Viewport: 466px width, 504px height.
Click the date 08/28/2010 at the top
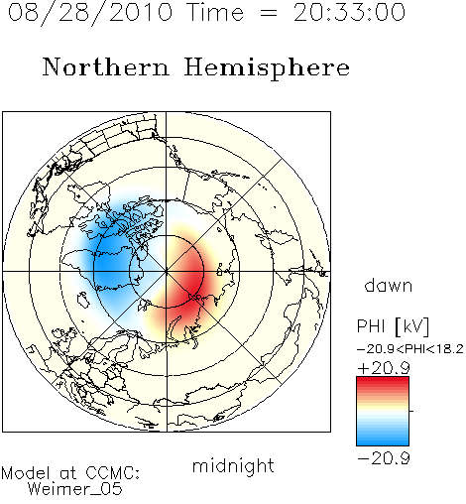point(90,13)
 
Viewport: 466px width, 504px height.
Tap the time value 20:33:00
point(349,12)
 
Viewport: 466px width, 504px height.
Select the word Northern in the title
point(106,66)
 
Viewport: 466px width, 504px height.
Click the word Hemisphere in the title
point(267,68)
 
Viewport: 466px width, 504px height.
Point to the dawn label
point(389,285)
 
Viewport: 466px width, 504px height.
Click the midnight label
point(233,466)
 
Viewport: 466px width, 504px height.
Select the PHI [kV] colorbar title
point(393,326)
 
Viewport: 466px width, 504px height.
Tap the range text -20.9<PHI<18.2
point(410,349)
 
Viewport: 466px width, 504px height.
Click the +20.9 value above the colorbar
point(384,368)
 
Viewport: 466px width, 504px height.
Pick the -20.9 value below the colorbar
point(384,458)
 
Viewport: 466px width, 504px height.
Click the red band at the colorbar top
point(383,382)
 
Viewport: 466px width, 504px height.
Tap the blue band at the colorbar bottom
point(383,441)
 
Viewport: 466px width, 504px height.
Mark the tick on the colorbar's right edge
point(411,411)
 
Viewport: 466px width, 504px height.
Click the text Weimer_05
point(75,489)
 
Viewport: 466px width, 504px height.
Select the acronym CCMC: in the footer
point(113,473)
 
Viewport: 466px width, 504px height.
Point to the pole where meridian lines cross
point(167,272)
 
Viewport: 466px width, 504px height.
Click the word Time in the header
point(215,12)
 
